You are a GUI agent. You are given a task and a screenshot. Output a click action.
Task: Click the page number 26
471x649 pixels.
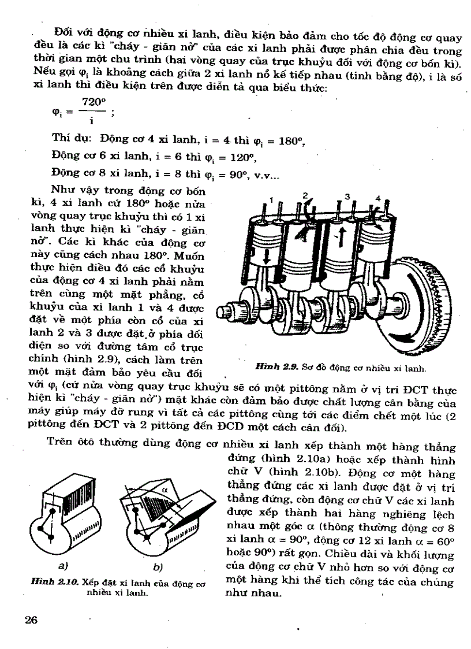(31, 620)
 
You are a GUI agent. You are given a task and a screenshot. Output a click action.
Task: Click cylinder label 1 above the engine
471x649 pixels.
(270, 201)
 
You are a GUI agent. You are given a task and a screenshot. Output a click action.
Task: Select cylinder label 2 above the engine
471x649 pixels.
(306, 195)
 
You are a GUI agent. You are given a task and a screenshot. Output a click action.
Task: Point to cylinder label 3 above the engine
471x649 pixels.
(348, 196)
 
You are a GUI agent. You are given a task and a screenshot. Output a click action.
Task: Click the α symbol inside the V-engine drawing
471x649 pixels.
(164, 488)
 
